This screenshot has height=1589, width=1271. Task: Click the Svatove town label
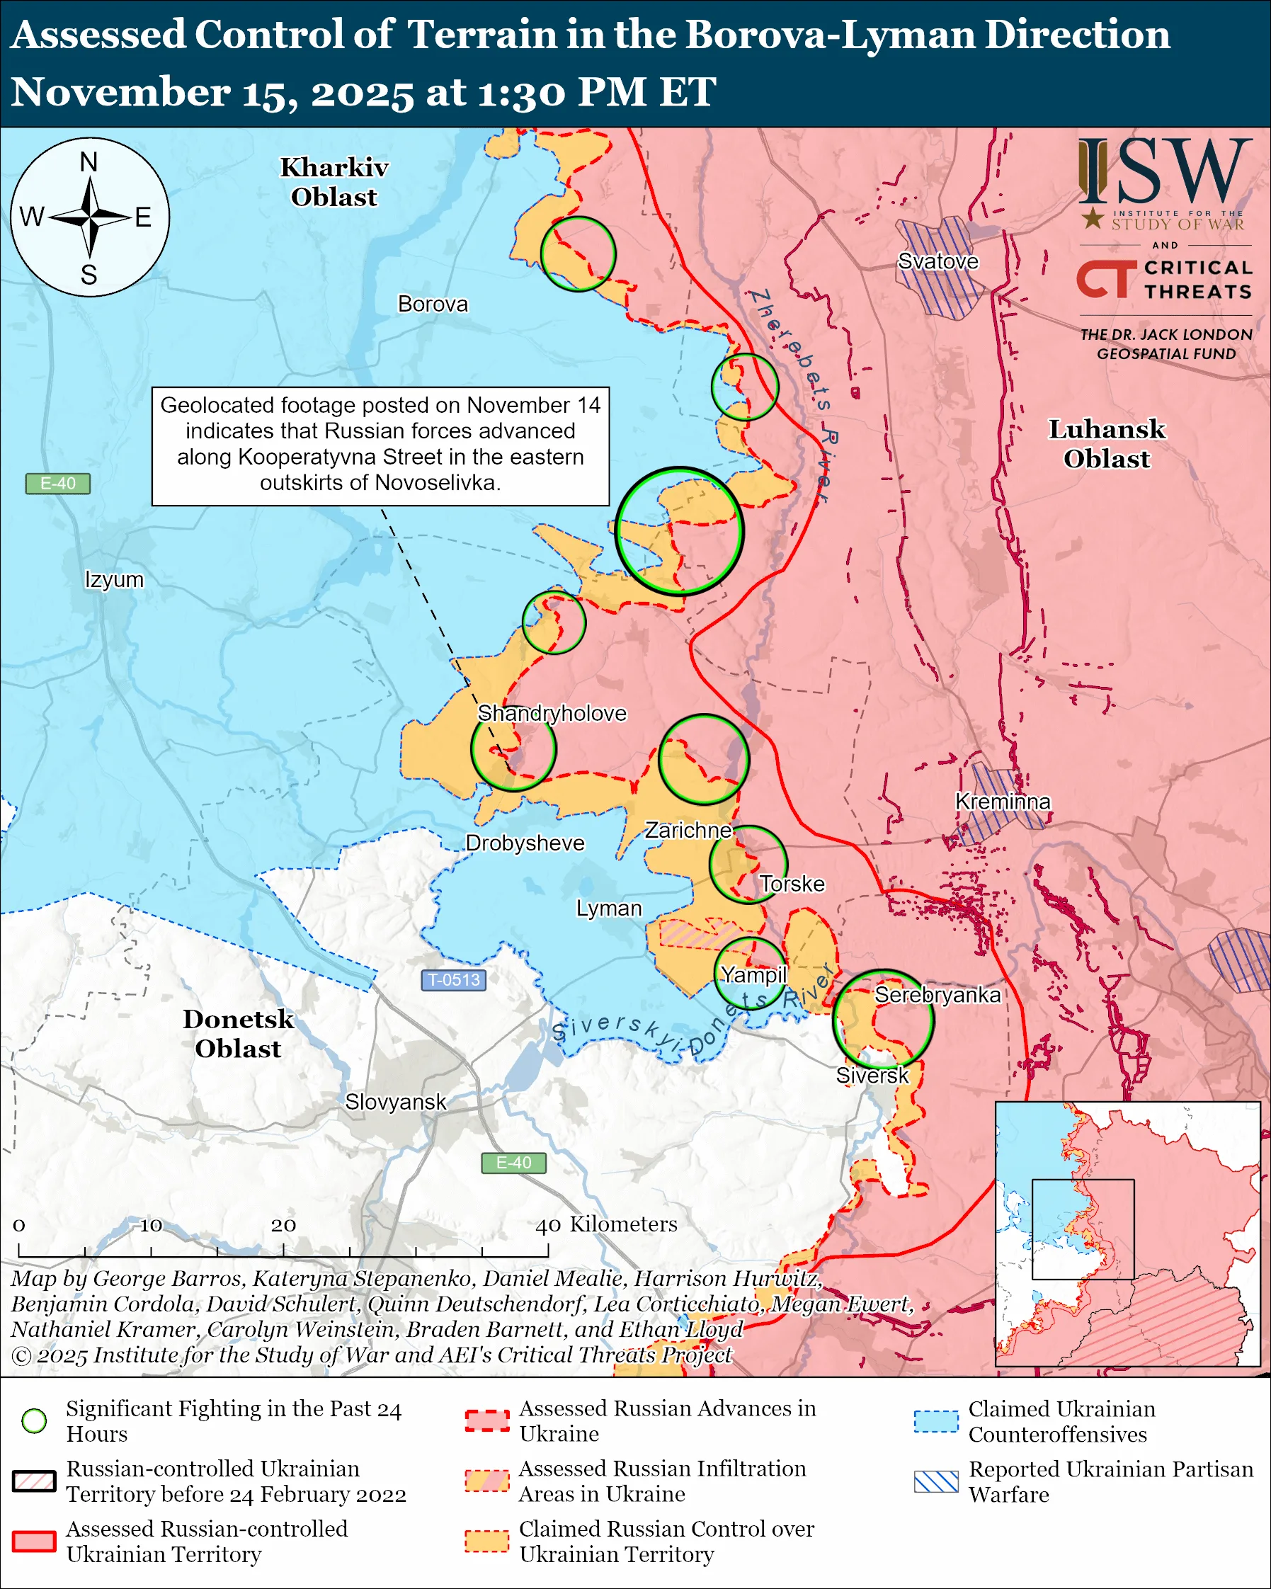(x=937, y=261)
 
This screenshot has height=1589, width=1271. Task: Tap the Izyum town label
(x=114, y=579)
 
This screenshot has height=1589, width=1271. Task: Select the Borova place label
(x=433, y=304)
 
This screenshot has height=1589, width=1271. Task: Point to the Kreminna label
(x=1002, y=801)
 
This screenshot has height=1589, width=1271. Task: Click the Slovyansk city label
(x=396, y=1102)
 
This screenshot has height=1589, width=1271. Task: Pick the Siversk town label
(x=872, y=1076)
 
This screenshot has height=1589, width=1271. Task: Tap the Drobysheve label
(x=525, y=843)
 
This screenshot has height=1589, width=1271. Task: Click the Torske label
(x=792, y=884)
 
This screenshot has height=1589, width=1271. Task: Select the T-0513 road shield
(x=454, y=979)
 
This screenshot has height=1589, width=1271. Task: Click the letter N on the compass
(x=89, y=162)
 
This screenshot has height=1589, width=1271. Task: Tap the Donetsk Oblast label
(x=238, y=1033)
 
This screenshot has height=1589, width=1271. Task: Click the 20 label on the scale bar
(x=283, y=1225)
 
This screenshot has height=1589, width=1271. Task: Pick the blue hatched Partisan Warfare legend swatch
(x=936, y=1481)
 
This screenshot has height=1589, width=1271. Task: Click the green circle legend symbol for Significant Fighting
(x=35, y=1421)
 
